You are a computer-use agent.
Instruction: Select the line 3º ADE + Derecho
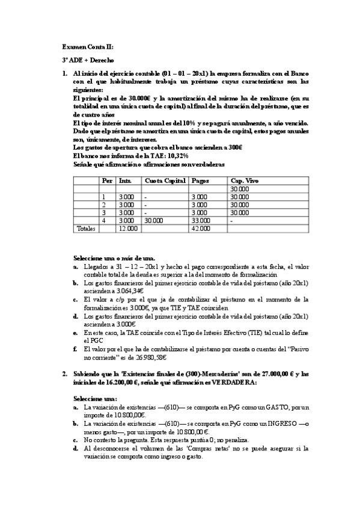pos(88,60)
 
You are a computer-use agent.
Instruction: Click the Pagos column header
pos(200,180)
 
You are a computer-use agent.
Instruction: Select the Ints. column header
pos(126,180)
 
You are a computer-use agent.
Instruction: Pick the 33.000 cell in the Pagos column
pos(200,220)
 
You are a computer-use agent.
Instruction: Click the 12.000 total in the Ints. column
pos(128,228)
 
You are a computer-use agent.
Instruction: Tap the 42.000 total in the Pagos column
pos(200,228)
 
